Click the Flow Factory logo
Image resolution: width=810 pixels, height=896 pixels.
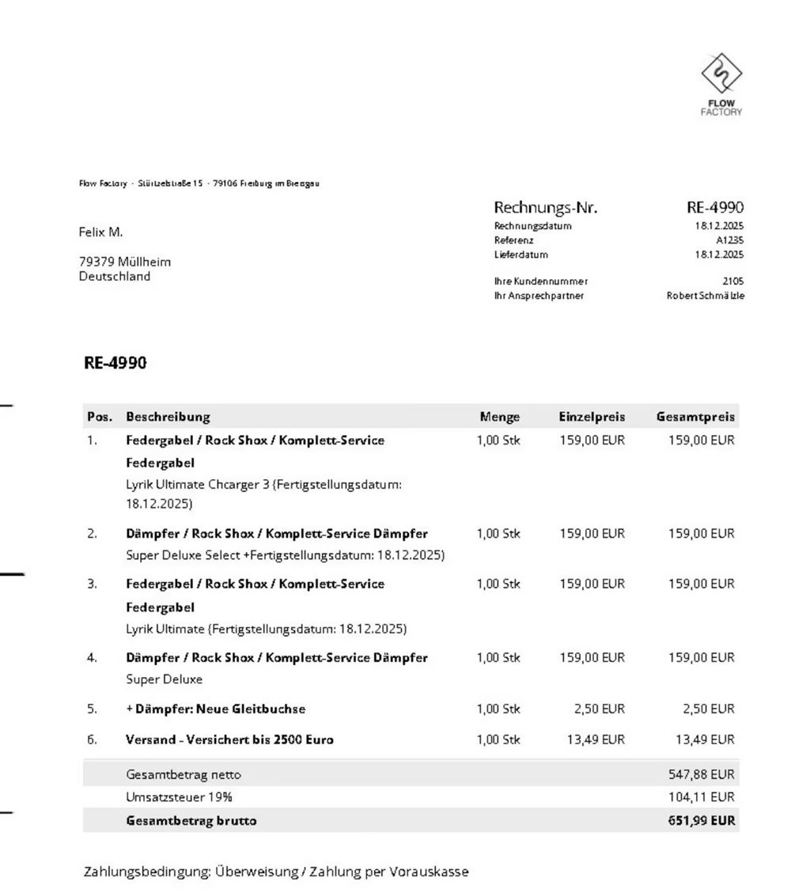721,84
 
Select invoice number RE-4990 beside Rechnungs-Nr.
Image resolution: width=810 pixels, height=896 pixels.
715,208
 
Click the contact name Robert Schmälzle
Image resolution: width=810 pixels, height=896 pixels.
706,296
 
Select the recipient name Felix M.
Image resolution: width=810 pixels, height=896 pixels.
100,232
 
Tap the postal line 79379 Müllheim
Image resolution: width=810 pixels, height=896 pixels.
124,261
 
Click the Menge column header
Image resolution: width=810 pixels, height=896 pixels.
499,417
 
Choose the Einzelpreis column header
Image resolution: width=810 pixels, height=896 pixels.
592,417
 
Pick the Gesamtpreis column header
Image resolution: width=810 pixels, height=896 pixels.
695,417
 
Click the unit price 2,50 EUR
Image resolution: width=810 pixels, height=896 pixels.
599,709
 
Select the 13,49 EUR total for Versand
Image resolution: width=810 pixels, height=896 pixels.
705,740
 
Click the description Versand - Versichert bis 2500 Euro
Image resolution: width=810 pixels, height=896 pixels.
229,740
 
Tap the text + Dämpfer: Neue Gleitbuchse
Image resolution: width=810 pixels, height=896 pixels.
215,709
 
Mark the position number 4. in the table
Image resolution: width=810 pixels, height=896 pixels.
92,658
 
